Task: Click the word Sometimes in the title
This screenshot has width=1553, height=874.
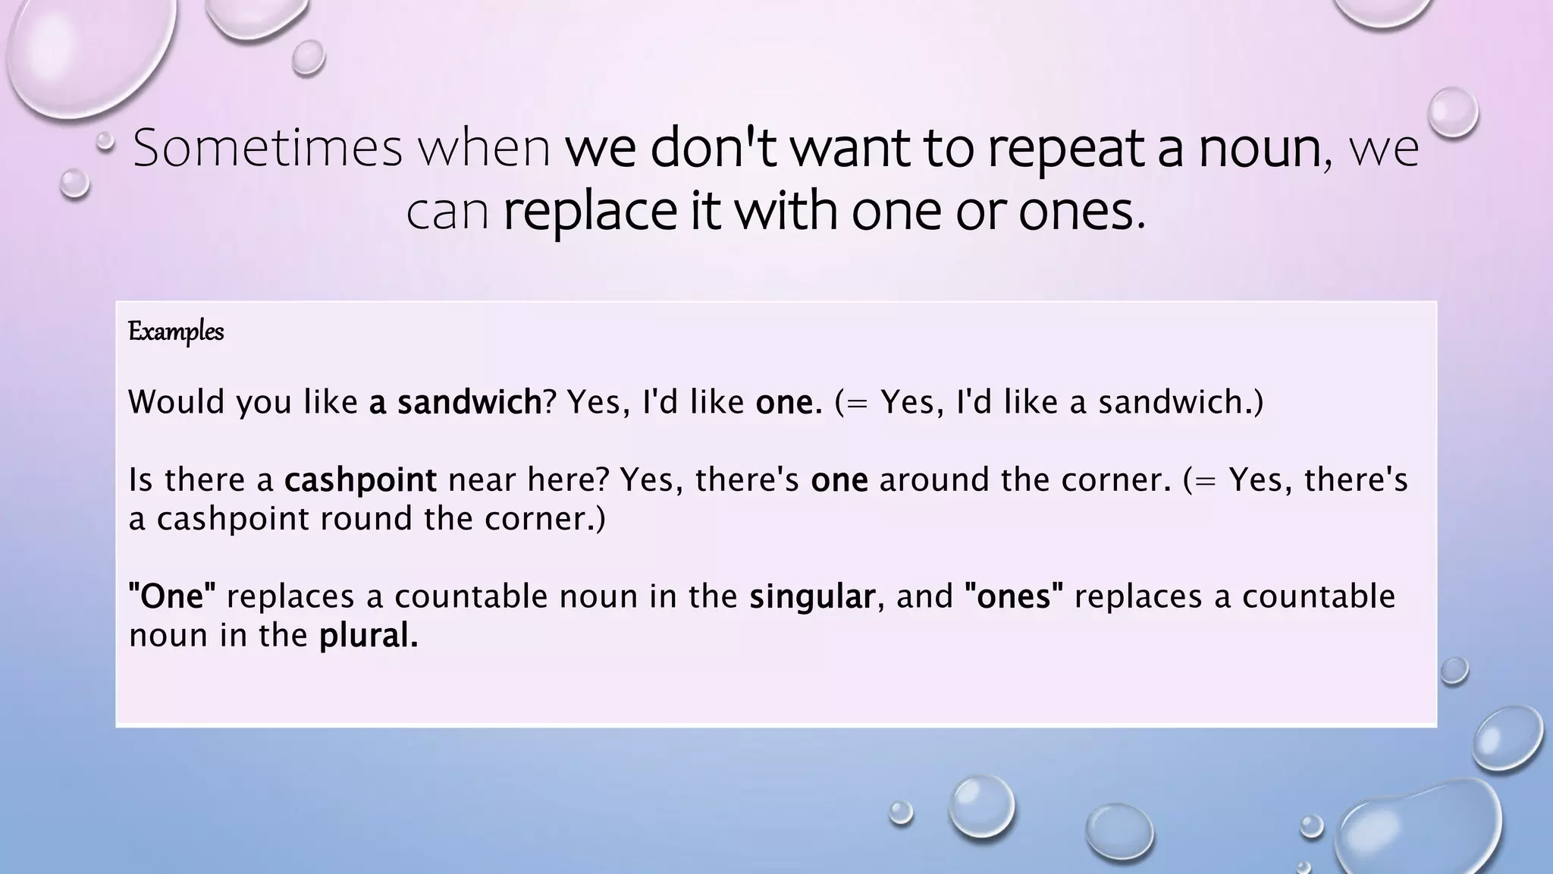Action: tap(267, 148)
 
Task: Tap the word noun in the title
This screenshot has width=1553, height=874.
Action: tap(1260, 148)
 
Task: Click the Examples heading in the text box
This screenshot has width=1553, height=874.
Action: tap(176, 332)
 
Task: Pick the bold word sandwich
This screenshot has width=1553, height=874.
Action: tap(469, 401)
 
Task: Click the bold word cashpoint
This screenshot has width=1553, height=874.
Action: tap(360, 480)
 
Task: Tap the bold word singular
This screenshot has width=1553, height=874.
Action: tap(812, 596)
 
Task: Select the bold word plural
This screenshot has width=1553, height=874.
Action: tap(367, 636)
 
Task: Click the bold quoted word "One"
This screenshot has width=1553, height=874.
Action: tap(173, 596)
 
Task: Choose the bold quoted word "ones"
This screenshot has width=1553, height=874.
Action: tap(1014, 596)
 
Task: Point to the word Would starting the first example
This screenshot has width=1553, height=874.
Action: tap(177, 401)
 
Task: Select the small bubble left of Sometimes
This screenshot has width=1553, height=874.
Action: tap(105, 140)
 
